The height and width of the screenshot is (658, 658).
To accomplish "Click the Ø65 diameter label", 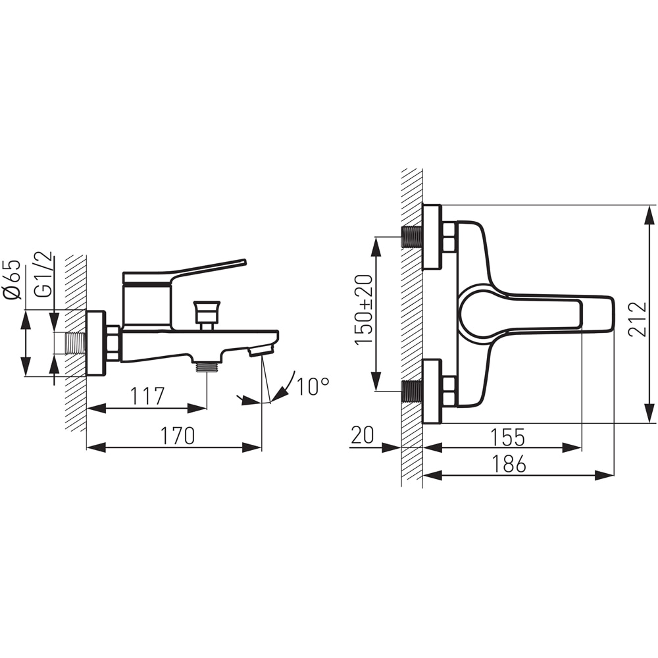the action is pyautogui.click(x=12, y=280).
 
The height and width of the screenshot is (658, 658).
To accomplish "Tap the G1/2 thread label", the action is pyautogui.click(x=45, y=274).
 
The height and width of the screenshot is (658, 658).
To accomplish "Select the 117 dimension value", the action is pyautogui.click(x=147, y=396).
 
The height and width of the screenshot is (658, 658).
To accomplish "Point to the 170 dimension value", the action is pyautogui.click(x=178, y=436).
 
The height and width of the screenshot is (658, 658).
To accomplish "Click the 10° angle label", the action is pyautogui.click(x=313, y=386).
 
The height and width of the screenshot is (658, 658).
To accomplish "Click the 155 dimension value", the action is pyautogui.click(x=508, y=437).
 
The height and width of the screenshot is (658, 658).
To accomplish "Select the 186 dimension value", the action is pyautogui.click(x=509, y=464).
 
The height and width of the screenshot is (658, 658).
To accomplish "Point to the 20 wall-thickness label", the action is pyautogui.click(x=362, y=435).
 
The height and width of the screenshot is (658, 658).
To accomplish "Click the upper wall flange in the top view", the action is pyautogui.click(x=432, y=237).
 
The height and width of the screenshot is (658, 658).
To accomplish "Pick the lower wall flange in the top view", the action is pyautogui.click(x=432, y=391).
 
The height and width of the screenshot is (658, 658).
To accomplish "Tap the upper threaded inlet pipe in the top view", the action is pyautogui.click(x=412, y=237).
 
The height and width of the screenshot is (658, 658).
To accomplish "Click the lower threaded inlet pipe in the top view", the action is pyautogui.click(x=412, y=391).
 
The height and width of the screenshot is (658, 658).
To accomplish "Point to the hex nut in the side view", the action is pyautogui.click(x=113, y=343).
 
